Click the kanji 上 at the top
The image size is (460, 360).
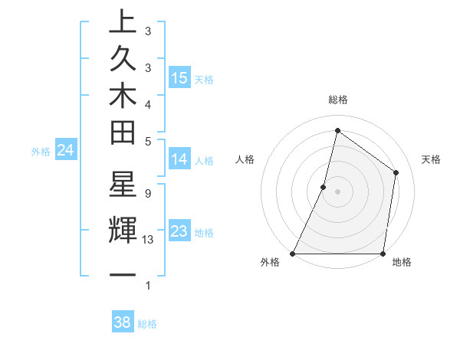(x=122, y=23)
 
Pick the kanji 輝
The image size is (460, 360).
(x=122, y=230)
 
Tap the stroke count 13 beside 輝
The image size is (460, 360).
(x=149, y=240)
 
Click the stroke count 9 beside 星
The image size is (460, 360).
(x=147, y=193)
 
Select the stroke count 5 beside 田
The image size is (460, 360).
(x=147, y=141)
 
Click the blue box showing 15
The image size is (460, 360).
(x=179, y=77)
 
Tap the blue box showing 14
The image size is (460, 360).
(x=179, y=159)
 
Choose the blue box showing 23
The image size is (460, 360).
(x=179, y=231)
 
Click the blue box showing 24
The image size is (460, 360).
(x=65, y=150)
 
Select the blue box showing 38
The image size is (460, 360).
(x=123, y=322)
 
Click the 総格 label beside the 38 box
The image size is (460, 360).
(x=148, y=324)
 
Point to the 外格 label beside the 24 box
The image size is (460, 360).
(x=41, y=152)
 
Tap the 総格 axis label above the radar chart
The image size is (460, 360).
(x=338, y=100)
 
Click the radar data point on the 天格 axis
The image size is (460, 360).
(x=396, y=172)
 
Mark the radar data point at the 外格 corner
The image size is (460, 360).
(x=293, y=254)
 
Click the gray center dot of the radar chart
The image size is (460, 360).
(x=337, y=191)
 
